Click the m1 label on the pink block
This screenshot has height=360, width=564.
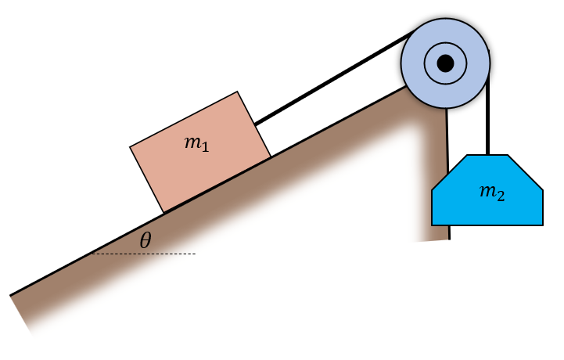(x=196, y=143)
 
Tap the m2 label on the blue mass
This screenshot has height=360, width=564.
(x=490, y=193)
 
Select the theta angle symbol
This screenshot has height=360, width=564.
(x=145, y=241)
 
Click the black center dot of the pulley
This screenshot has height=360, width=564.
(x=446, y=63)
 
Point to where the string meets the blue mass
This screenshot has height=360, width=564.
(x=487, y=155)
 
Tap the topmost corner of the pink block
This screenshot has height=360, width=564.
(x=239, y=92)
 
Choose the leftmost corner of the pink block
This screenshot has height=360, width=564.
(x=130, y=146)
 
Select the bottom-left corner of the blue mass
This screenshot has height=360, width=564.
(x=433, y=225)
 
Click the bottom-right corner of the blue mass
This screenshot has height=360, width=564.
(x=543, y=225)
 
